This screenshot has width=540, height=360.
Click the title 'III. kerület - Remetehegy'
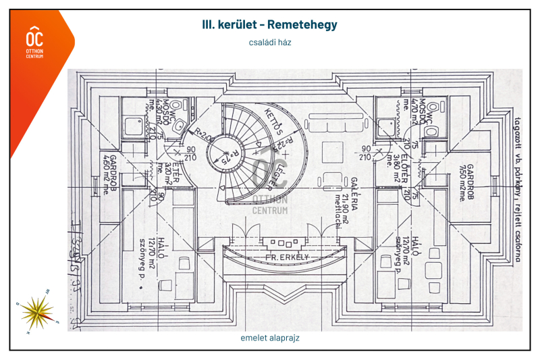(x=269, y=25)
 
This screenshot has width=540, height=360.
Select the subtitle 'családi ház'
(x=269, y=42)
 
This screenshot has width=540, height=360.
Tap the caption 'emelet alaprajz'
(x=269, y=338)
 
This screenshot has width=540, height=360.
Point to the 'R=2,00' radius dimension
(x=201, y=134)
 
